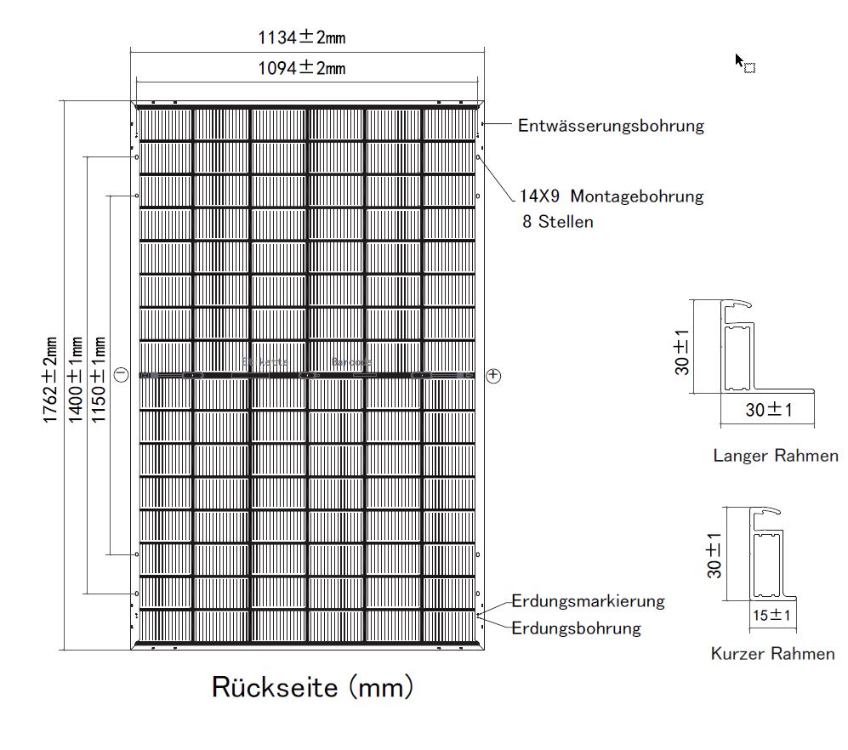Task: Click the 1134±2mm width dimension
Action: tap(302, 37)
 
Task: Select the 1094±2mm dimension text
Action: tap(302, 68)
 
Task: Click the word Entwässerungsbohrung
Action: tap(611, 126)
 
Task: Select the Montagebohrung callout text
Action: tap(612, 196)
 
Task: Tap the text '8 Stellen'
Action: tap(558, 222)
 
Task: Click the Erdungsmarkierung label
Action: tap(588, 601)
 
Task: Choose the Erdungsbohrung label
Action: tap(576, 628)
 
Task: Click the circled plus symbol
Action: tap(495, 375)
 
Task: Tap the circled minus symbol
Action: tap(121, 374)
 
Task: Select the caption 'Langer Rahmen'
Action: tap(775, 456)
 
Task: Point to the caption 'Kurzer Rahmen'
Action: tap(772, 654)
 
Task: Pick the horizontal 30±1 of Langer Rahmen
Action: tap(768, 410)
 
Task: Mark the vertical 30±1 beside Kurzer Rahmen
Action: tap(714, 555)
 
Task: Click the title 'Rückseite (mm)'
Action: tap(311, 686)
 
